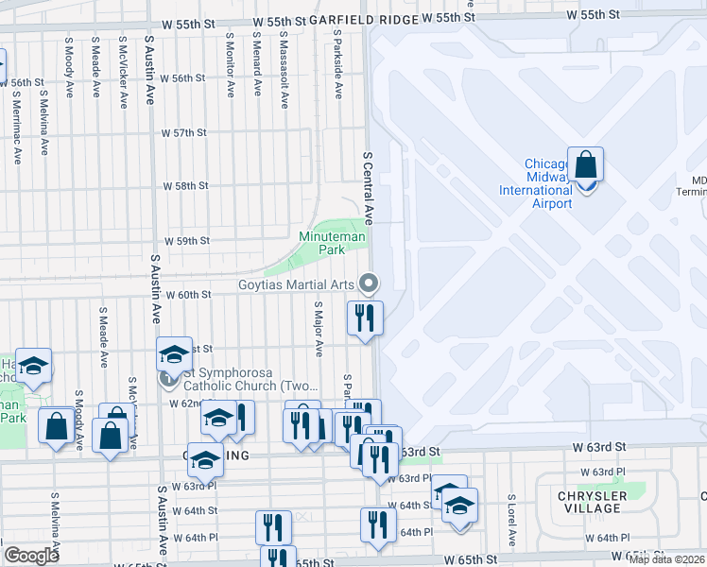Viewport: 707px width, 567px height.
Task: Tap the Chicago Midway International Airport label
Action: pyautogui.click(x=535, y=184)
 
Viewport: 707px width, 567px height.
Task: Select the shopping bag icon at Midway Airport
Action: pyautogui.click(x=586, y=166)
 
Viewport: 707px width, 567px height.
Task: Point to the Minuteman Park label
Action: pyautogui.click(x=331, y=243)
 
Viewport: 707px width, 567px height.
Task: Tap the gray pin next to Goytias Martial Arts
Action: pyautogui.click(x=370, y=283)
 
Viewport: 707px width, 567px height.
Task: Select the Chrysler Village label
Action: pyautogui.click(x=591, y=502)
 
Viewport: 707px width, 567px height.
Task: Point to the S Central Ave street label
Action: pyautogui.click(x=369, y=185)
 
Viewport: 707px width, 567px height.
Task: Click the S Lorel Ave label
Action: pyautogui.click(x=510, y=521)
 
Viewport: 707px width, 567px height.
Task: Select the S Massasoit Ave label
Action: pyautogui.click(x=283, y=67)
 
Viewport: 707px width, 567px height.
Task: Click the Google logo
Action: pyautogui.click(x=31, y=556)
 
